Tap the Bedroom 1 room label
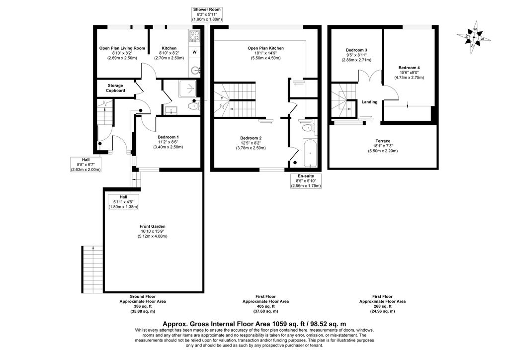point(168,137)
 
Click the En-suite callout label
point(306,176)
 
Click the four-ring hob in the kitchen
point(194,36)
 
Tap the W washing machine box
point(194,52)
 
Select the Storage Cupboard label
point(115,88)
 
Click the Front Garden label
point(152,226)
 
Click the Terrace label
point(383,141)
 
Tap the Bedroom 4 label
point(409,68)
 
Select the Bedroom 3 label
point(356,50)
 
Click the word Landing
point(369,102)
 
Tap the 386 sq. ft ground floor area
point(142,306)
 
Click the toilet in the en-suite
point(309,128)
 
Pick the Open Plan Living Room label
point(122,48)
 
